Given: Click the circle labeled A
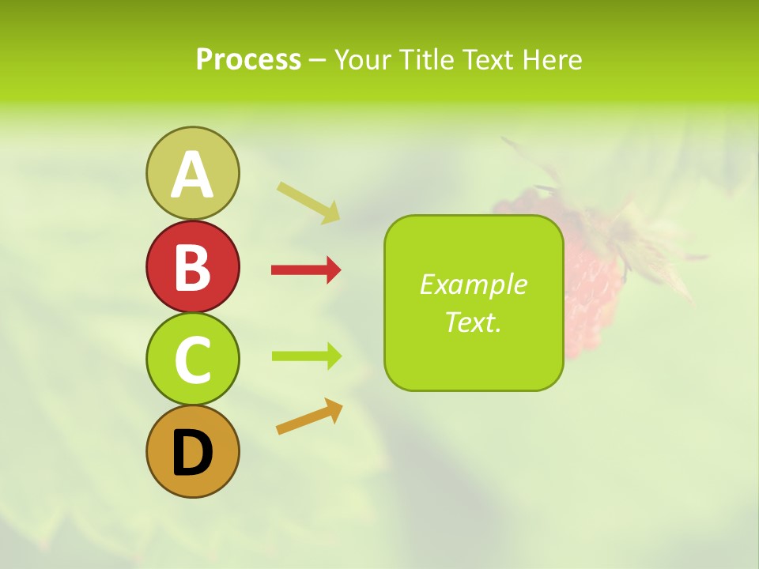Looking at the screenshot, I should coord(192,173).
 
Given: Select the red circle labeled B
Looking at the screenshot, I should coord(192,266).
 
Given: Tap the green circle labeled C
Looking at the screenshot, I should coord(192,359).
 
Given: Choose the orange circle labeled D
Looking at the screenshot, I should coord(192,452).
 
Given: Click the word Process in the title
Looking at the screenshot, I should coord(248,59).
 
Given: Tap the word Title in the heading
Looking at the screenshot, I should coord(425,59).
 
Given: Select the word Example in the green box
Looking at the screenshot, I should coord(473,284).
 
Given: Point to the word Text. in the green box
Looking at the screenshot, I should coord(473,322).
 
